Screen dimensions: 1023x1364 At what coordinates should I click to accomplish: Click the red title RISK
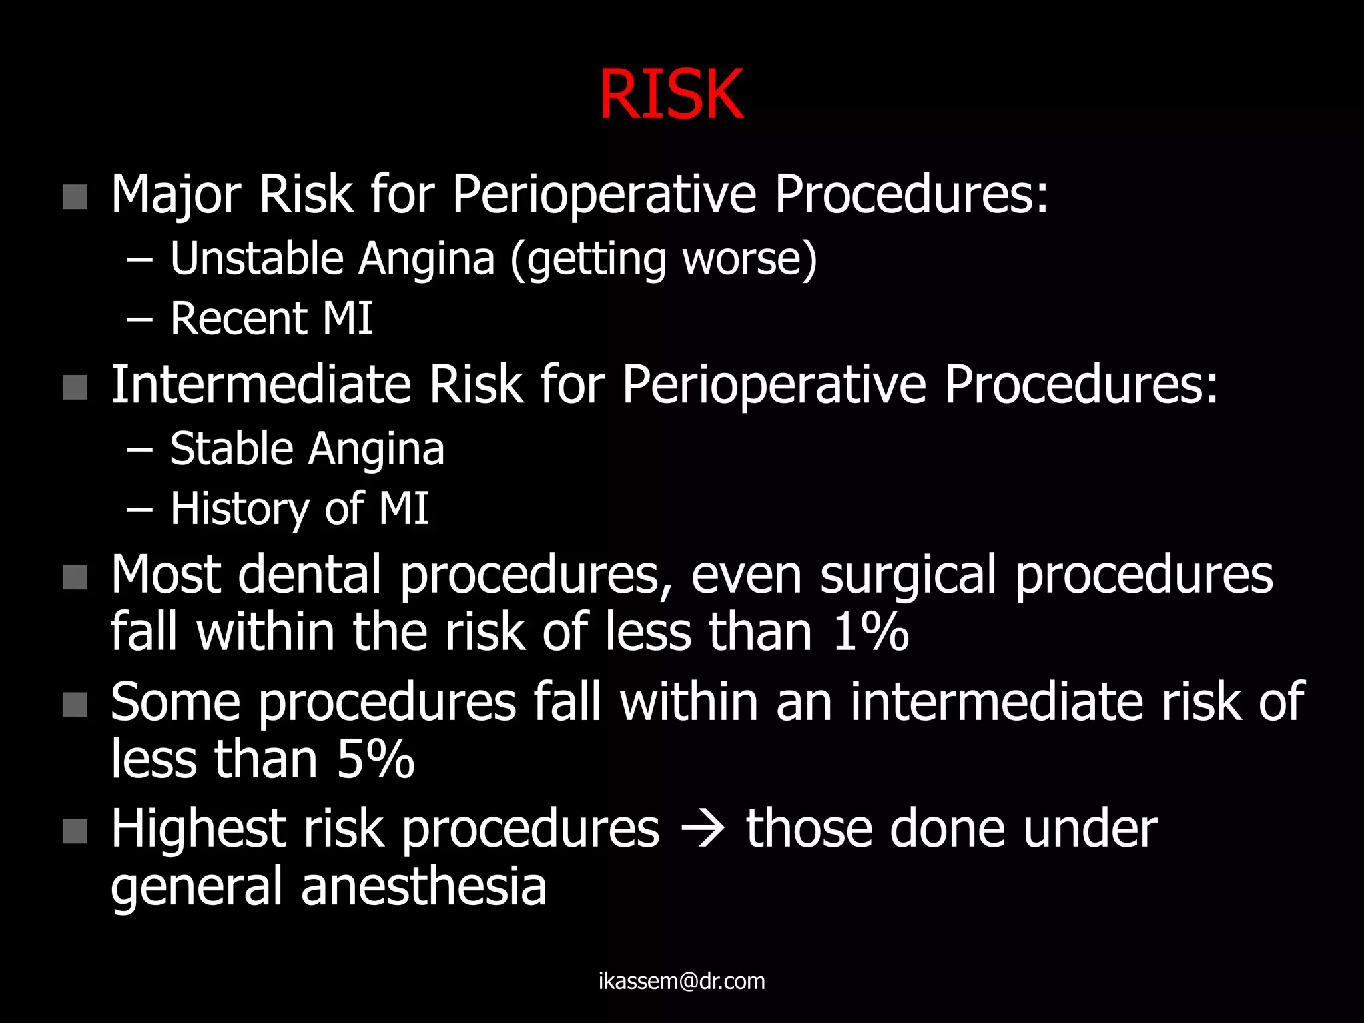coord(671,95)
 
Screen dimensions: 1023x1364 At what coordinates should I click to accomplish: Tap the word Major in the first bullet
coord(176,194)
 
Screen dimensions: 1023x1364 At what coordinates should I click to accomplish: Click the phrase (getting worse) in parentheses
coord(663,260)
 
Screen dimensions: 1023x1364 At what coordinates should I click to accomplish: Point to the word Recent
coord(238,318)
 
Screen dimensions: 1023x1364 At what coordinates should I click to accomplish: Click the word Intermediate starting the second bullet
coord(260,385)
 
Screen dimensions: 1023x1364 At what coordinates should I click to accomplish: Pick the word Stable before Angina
coord(230,448)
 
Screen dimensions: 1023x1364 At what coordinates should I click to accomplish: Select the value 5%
coord(376,759)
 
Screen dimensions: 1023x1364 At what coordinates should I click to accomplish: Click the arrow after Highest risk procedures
coord(703,830)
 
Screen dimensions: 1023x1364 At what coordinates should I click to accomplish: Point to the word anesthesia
coord(424,887)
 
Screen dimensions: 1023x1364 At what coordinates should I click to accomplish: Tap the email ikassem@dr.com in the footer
coord(681,981)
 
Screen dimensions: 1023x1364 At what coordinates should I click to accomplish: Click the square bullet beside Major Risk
coord(75,197)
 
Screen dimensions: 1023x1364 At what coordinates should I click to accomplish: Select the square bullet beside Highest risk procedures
coord(75,831)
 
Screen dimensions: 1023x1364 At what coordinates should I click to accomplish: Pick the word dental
coord(310,575)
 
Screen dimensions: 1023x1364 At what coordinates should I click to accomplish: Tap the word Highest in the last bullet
coord(198,829)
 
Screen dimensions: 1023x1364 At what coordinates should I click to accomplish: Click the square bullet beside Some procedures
coord(75,705)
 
